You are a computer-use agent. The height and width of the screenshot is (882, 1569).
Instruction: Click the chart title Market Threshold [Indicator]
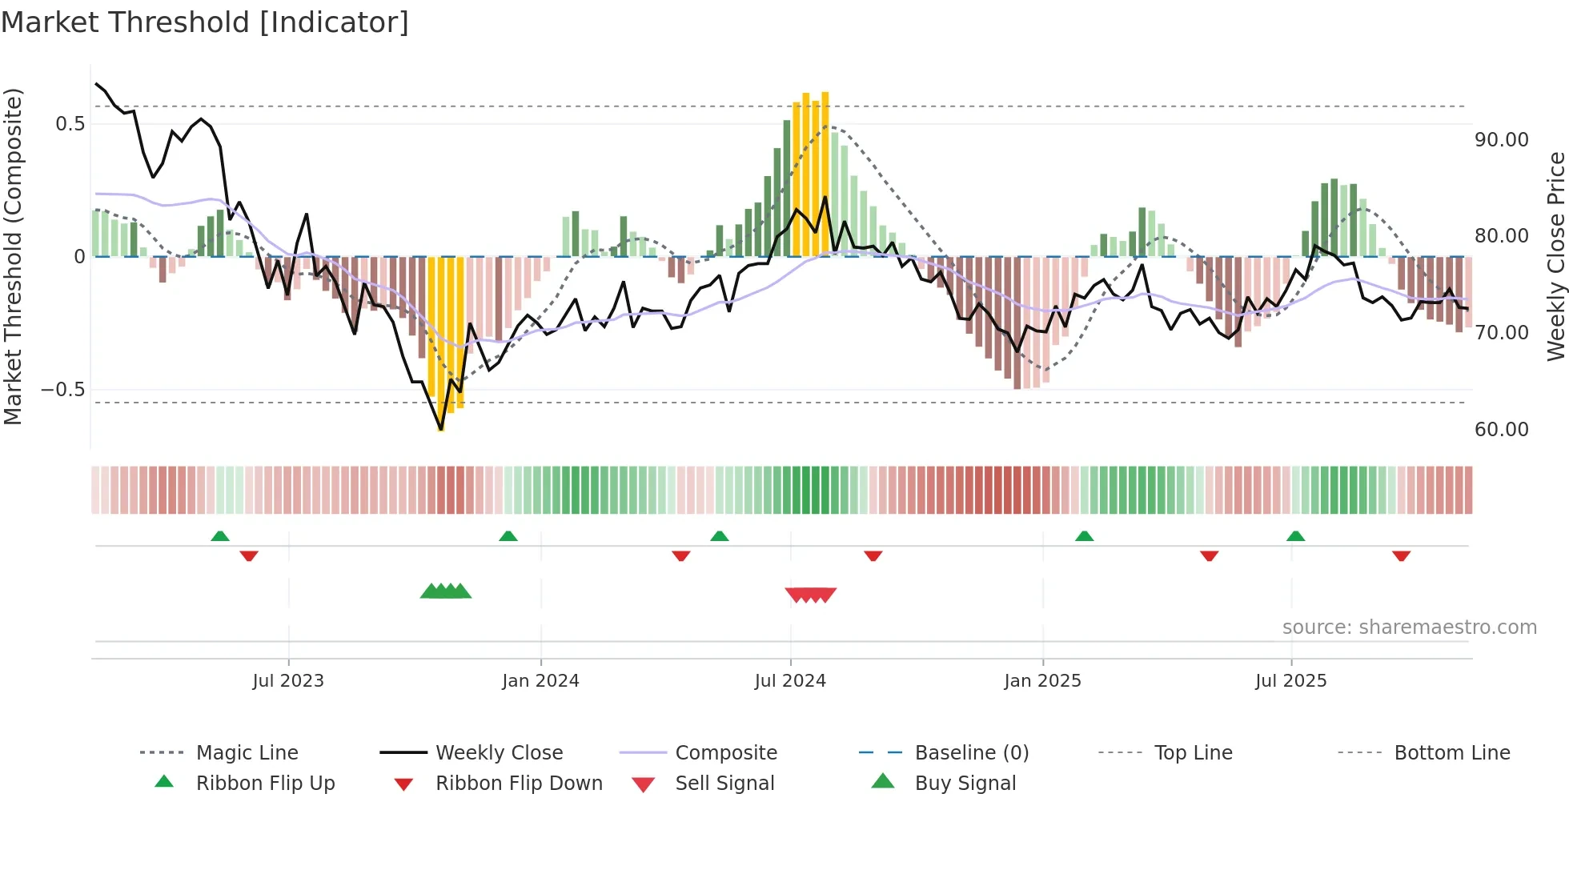(205, 22)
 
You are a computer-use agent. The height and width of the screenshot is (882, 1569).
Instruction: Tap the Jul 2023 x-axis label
(288, 681)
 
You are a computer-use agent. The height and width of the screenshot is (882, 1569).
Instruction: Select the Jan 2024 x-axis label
(540, 681)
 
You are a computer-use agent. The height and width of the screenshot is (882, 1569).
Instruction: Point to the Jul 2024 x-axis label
(790, 681)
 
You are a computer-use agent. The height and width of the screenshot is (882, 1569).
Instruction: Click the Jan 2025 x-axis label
(1042, 681)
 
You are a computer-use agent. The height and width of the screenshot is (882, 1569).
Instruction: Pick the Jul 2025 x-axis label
(1290, 681)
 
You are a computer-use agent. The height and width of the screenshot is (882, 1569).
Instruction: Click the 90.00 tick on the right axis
(1501, 140)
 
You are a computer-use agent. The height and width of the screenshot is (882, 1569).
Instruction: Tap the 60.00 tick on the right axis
(1501, 430)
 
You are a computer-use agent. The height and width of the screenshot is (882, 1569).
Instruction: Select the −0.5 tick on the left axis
(63, 390)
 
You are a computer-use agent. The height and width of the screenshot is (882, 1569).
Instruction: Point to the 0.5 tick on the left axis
(70, 124)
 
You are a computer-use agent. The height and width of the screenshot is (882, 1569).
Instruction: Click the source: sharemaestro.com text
(1409, 627)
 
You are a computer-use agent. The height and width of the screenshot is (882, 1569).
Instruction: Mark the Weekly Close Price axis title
(1555, 256)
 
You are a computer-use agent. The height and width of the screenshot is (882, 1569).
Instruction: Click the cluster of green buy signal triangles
(446, 592)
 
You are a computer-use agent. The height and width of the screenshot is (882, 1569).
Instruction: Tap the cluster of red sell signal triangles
(811, 595)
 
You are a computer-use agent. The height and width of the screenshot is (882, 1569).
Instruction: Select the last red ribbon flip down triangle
(1401, 555)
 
